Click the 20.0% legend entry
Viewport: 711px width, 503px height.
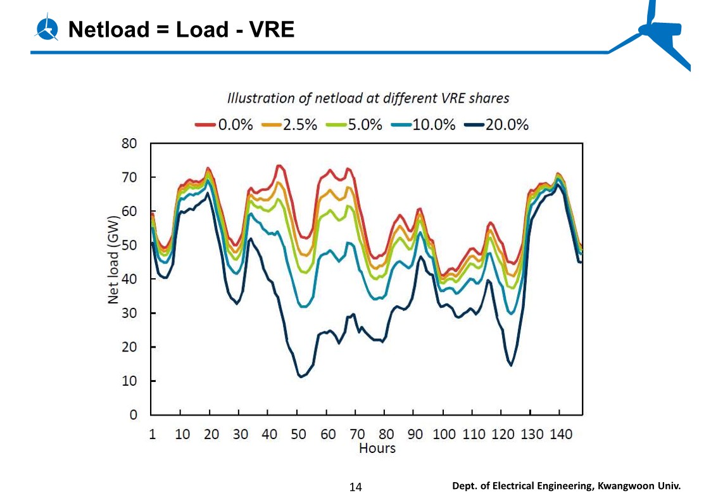(x=496, y=125)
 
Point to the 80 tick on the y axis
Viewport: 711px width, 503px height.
(x=129, y=143)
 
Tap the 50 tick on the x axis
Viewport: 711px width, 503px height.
(x=298, y=435)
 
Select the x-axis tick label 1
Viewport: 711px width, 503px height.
(x=152, y=435)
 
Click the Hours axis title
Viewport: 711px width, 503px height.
(x=377, y=449)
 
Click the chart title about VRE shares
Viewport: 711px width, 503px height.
(x=368, y=98)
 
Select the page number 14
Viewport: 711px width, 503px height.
(x=356, y=487)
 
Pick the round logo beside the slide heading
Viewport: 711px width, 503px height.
(x=47, y=29)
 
